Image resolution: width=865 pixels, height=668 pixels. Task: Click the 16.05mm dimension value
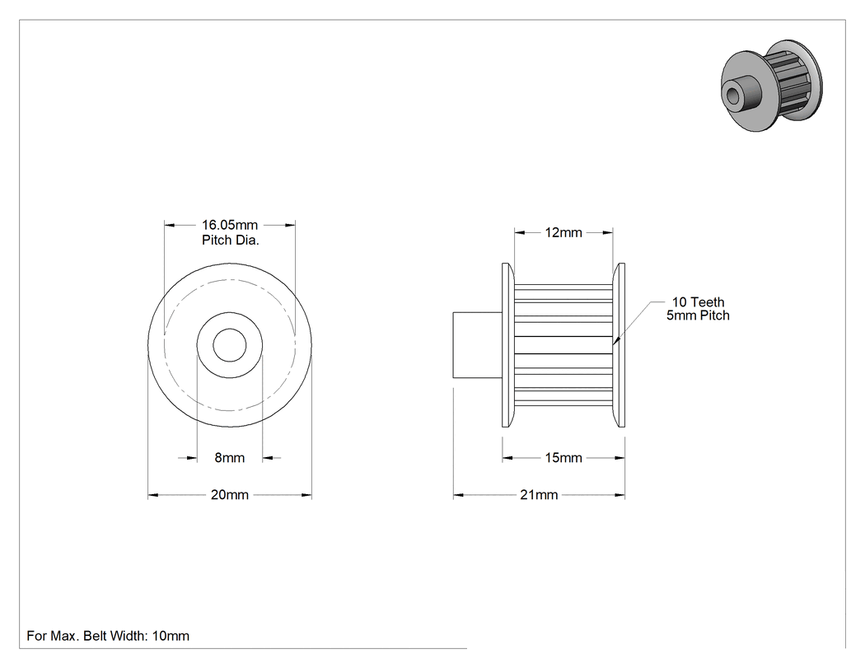click(230, 225)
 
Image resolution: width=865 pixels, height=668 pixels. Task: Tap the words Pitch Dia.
click(230, 240)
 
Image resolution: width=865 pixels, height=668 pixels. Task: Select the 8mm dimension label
click(230, 458)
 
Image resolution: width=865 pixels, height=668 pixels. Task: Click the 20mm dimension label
click(230, 495)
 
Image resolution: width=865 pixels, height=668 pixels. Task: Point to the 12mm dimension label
click(563, 233)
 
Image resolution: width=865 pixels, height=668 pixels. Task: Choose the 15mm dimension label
click(563, 458)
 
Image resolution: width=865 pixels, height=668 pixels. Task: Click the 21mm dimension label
click(539, 495)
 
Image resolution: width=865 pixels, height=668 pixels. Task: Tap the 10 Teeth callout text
click(698, 302)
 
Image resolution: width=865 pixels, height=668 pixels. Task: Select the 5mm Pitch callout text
click(698, 315)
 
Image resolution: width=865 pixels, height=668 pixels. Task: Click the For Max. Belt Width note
click(108, 636)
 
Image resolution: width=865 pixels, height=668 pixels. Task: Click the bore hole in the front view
click(230, 345)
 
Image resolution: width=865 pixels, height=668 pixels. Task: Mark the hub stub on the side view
click(478, 345)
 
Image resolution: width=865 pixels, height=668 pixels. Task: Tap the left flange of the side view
click(508, 345)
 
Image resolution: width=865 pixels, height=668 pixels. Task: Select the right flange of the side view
click(619, 345)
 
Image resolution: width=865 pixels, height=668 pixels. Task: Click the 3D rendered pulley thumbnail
click(772, 86)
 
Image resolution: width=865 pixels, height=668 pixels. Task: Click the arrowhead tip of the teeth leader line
click(613, 345)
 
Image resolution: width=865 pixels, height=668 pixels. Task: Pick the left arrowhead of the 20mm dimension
click(152, 495)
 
